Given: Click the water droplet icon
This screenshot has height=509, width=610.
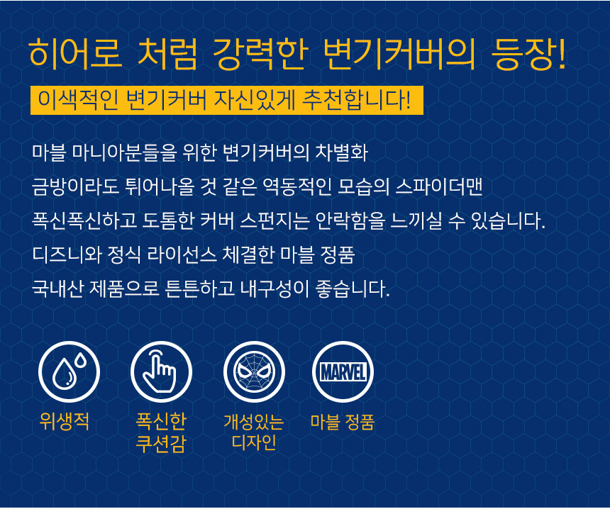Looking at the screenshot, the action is click(69, 371).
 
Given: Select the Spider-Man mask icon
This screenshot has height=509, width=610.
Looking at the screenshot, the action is click(254, 371).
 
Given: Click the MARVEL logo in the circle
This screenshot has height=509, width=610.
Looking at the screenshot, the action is click(343, 371).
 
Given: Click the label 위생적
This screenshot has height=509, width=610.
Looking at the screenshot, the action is click(65, 421).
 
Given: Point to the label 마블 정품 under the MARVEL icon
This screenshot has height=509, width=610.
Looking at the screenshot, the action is click(343, 422).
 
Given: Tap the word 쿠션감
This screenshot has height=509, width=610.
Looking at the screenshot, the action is click(161, 444).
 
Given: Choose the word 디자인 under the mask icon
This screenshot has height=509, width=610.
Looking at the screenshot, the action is click(254, 442).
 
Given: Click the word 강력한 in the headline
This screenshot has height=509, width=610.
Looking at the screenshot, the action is click(260, 54).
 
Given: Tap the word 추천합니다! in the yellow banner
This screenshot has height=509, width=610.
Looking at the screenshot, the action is click(356, 99).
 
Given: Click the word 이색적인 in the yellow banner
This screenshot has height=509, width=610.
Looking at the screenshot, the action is click(78, 99).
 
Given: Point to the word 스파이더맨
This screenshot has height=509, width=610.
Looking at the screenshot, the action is click(439, 186).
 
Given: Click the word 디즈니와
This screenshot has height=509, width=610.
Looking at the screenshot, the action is click(67, 254).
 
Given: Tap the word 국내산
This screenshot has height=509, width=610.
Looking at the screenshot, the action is click(57, 289).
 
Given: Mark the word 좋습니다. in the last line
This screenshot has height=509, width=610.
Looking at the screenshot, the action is click(353, 289).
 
